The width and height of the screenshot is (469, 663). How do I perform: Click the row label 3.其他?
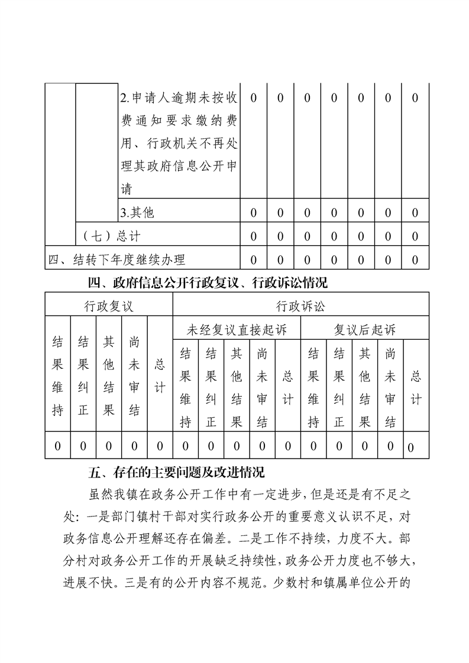(x=137, y=213)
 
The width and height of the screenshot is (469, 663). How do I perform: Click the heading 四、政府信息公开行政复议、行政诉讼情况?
(x=207, y=283)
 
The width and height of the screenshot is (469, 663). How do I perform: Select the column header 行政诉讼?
(x=300, y=306)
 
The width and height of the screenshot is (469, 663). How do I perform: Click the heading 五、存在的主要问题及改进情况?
(x=176, y=473)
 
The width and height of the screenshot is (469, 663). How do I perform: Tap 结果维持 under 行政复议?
(x=57, y=376)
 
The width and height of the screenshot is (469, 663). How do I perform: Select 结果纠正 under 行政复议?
(x=83, y=376)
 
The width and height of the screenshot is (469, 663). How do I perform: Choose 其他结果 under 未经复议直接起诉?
(x=237, y=387)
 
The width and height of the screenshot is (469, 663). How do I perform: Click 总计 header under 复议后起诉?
(x=416, y=387)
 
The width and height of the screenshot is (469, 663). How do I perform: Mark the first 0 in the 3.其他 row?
(x=253, y=213)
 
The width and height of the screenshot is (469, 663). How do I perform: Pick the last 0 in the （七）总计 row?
(x=415, y=236)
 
